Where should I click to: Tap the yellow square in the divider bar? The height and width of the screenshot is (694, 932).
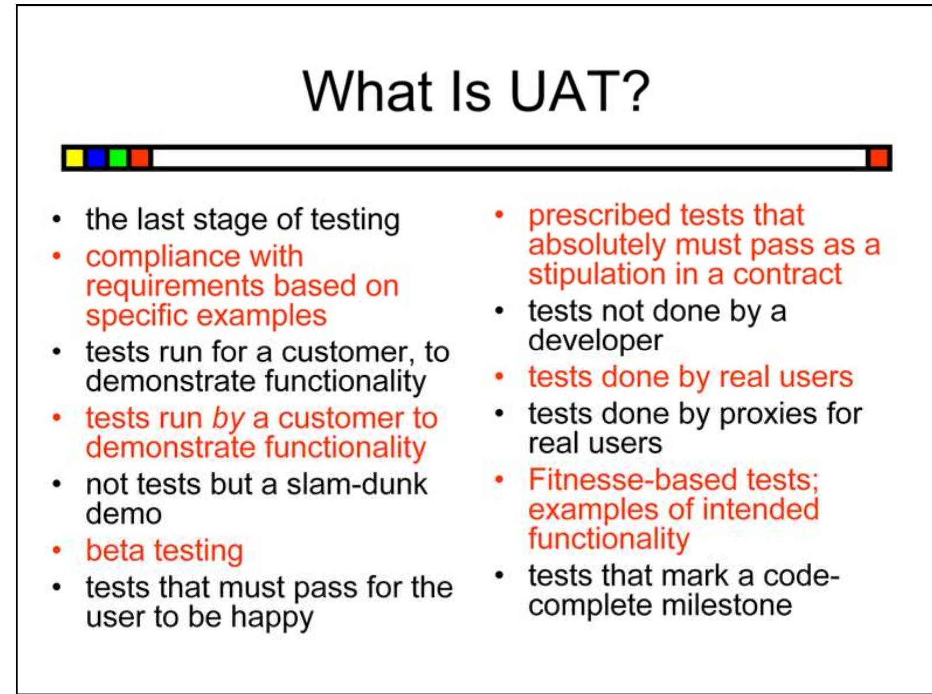[74, 158]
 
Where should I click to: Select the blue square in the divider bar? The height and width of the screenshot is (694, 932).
[96, 158]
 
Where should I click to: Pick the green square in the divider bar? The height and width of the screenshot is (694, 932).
[118, 158]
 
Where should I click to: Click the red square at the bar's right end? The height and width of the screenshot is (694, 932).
[878, 158]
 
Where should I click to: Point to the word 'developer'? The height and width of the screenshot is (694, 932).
[595, 341]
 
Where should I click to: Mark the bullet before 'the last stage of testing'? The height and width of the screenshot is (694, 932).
[56, 221]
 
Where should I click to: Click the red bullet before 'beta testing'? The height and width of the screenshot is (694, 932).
[56, 550]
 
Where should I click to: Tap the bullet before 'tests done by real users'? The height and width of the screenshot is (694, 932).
[499, 377]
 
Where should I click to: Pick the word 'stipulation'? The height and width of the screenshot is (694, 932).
[596, 274]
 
